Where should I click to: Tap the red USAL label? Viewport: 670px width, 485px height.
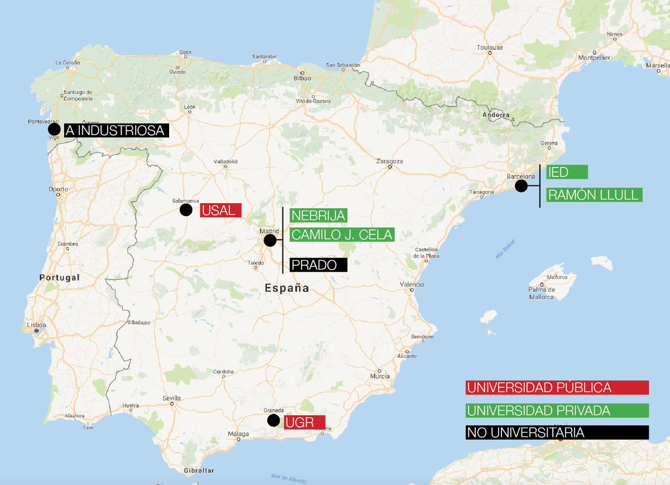pyautogui.click(x=221, y=210)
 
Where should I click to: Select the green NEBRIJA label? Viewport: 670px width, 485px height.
pyautogui.click(x=318, y=215)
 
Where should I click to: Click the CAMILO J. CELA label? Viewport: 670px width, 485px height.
pyautogui.click(x=342, y=234)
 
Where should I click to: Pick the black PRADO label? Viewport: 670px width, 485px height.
pyautogui.click(x=318, y=265)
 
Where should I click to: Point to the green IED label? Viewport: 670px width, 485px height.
pyautogui.click(x=567, y=172)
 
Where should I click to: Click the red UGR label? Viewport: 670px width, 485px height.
pyautogui.click(x=304, y=422)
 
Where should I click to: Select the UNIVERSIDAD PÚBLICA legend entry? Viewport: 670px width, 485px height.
pyautogui.click(x=557, y=387)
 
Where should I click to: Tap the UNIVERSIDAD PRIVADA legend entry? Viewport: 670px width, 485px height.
pyautogui.click(x=557, y=411)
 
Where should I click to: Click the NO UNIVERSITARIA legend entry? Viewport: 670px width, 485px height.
pyautogui.click(x=557, y=433)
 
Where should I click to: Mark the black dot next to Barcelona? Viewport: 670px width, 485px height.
pyautogui.click(x=521, y=186)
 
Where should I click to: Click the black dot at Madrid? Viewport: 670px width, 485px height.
pyautogui.click(x=270, y=241)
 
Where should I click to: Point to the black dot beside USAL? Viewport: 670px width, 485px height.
pyautogui.click(x=186, y=210)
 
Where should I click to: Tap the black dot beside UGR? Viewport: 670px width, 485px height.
pyautogui.click(x=274, y=420)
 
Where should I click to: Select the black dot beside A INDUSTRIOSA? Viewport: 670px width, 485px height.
pyautogui.click(x=54, y=129)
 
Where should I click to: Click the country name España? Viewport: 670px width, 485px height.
pyautogui.click(x=287, y=289)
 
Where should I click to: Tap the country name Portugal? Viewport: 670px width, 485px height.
pyautogui.click(x=60, y=277)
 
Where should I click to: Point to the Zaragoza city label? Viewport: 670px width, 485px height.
pyautogui.click(x=390, y=161)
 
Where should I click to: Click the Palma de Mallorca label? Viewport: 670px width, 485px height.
pyautogui.click(x=542, y=294)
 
